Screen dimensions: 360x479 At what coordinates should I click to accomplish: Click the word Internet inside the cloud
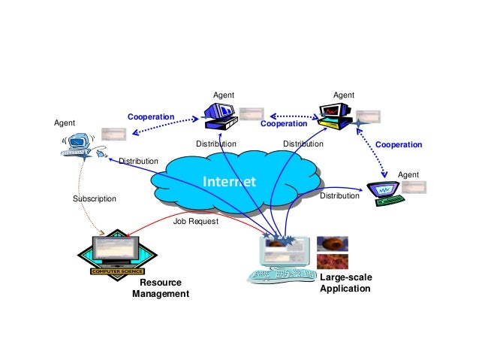[x=230, y=182]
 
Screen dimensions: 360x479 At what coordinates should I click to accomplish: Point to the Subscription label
[x=94, y=199]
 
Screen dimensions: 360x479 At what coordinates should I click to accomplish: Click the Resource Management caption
[x=161, y=289]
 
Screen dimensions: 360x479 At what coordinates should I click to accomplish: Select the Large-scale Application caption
[x=345, y=283]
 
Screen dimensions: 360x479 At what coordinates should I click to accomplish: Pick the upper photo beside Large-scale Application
[x=332, y=244]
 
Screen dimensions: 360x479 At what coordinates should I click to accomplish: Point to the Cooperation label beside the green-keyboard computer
[x=399, y=144]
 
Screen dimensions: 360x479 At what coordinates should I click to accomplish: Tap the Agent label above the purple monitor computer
[x=408, y=174]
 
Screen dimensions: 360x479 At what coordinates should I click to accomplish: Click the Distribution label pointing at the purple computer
[x=340, y=195]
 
